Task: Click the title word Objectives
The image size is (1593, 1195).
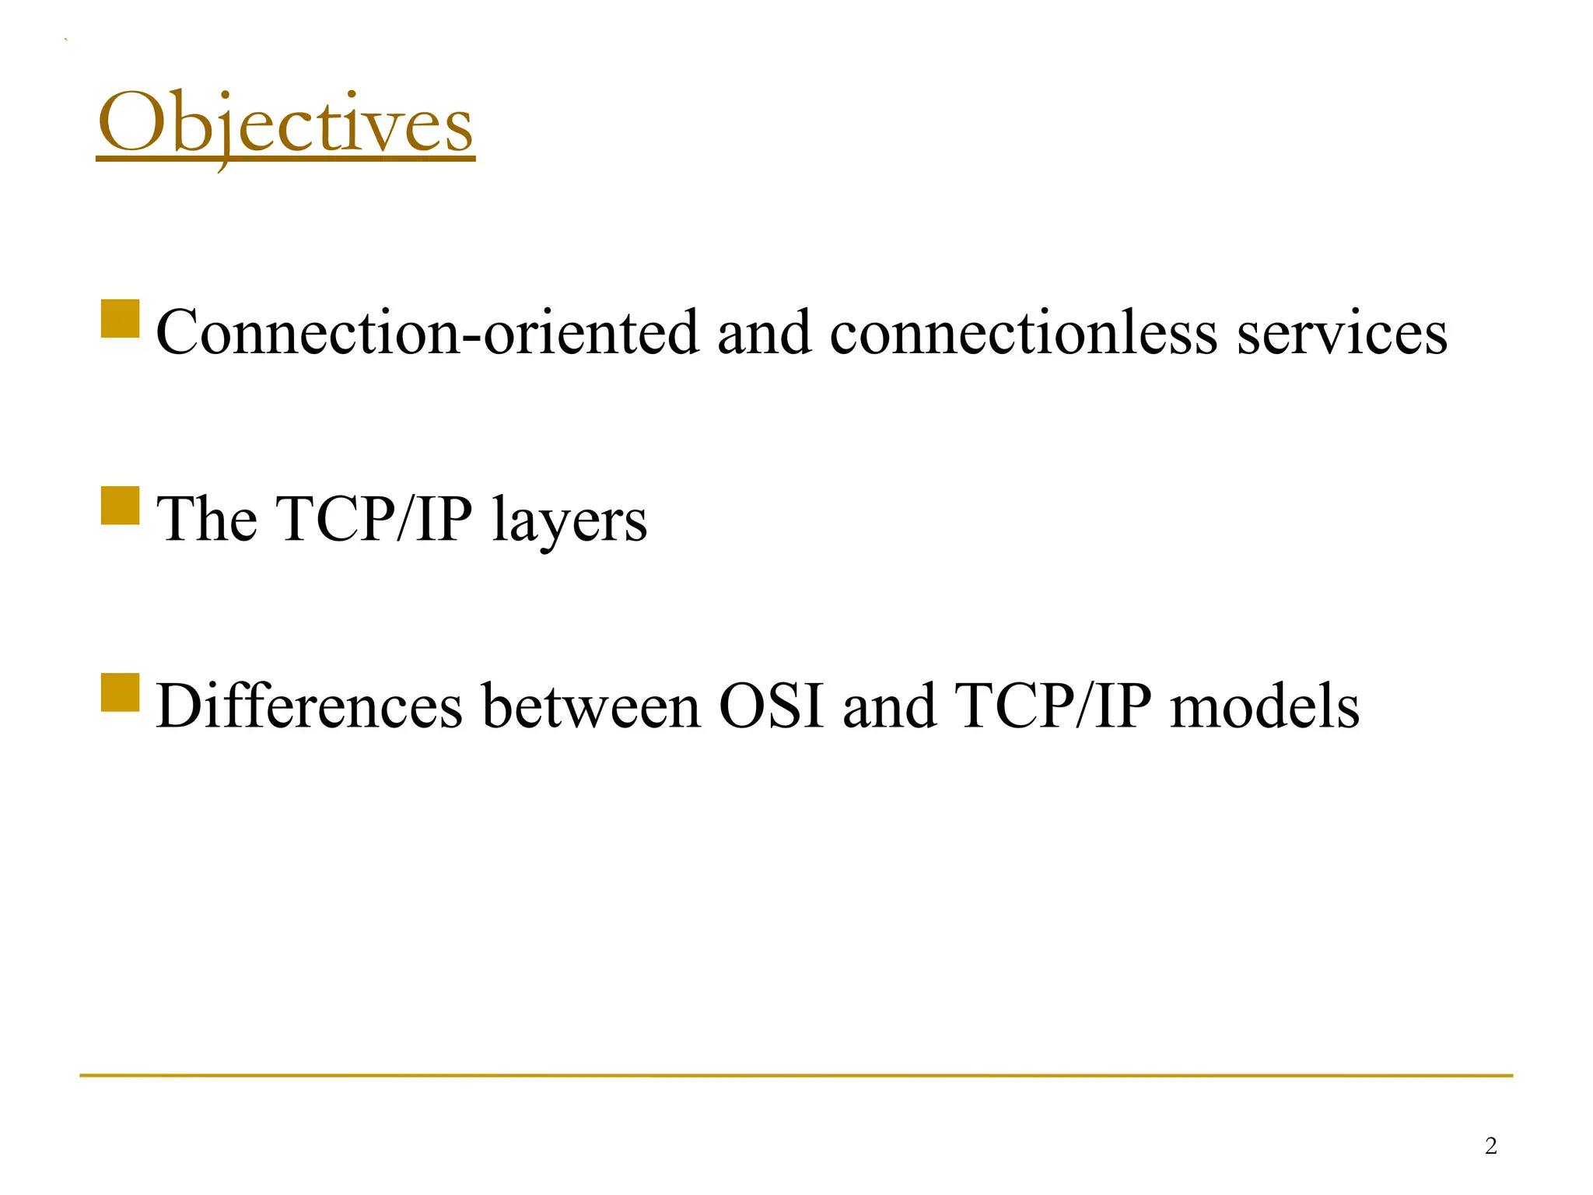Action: click(x=285, y=124)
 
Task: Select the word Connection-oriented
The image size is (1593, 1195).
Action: click(x=427, y=333)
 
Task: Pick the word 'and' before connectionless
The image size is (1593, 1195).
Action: click(x=764, y=333)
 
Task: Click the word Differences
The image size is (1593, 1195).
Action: click(x=310, y=706)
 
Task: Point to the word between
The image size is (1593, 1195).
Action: click(x=591, y=706)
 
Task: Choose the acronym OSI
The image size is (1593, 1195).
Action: click(x=771, y=706)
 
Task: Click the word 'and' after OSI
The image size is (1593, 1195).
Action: click(x=889, y=706)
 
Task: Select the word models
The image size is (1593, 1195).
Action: click(x=1265, y=706)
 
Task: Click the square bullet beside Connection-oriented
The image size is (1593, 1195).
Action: click(x=121, y=319)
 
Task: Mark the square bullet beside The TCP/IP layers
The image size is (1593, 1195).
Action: click(x=121, y=506)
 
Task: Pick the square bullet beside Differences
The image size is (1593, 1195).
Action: click(x=121, y=692)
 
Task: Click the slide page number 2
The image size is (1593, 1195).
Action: click(x=1490, y=1146)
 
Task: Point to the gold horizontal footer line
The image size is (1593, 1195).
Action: click(x=796, y=1076)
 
